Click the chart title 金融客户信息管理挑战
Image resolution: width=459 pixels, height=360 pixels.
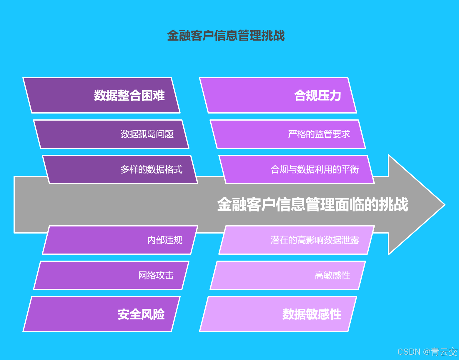(x=226, y=36)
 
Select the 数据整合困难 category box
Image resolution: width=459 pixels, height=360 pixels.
(x=102, y=95)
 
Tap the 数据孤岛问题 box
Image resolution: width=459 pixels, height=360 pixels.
(x=111, y=134)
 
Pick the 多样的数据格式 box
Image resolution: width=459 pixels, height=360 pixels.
(x=120, y=169)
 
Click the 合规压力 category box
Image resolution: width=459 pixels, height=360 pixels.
(x=278, y=95)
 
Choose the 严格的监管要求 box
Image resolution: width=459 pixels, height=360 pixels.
(x=288, y=134)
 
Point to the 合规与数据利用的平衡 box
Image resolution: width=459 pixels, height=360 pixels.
(x=297, y=169)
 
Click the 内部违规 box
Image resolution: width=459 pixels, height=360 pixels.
(x=120, y=240)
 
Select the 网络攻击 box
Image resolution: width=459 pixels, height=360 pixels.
(x=111, y=275)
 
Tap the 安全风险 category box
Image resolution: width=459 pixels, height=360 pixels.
(x=102, y=314)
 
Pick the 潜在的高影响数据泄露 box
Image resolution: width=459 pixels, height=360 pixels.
(x=297, y=240)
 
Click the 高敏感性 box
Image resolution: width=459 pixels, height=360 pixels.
(x=288, y=275)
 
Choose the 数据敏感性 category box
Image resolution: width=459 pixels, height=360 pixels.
(x=278, y=314)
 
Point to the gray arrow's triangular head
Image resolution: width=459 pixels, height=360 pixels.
(x=415, y=205)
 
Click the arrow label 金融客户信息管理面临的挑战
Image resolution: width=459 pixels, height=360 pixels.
(x=312, y=205)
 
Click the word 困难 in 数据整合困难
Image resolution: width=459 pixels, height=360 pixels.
(x=153, y=96)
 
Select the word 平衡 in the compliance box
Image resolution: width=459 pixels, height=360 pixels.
(x=350, y=169)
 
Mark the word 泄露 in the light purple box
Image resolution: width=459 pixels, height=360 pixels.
(x=350, y=240)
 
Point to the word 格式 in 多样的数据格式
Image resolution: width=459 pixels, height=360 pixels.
(x=174, y=169)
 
